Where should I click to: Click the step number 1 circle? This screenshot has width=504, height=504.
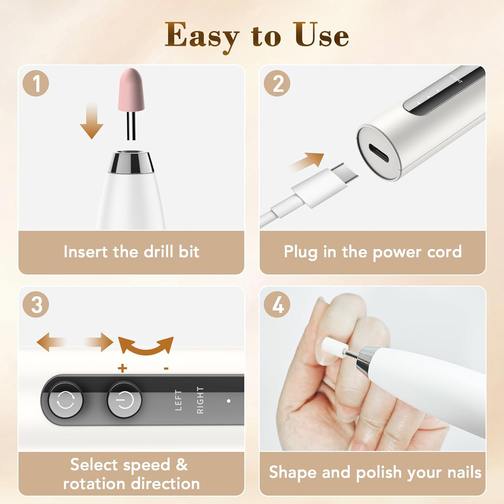pyautogui.click(x=36, y=83)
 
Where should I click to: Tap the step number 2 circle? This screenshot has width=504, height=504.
pyautogui.click(x=277, y=83)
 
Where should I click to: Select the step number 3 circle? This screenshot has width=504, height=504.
pyautogui.click(x=36, y=305)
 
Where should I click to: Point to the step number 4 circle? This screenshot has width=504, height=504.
pyautogui.click(x=277, y=305)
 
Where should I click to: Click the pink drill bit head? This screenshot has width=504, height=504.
pyautogui.click(x=131, y=90)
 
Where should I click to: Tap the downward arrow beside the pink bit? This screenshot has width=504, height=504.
pyautogui.click(x=91, y=122)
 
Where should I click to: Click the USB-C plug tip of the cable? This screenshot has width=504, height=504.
pyautogui.click(x=345, y=172)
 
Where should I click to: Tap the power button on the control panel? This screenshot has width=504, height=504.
pyautogui.click(x=124, y=400)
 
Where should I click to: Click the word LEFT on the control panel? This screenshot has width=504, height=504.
pyautogui.click(x=178, y=400)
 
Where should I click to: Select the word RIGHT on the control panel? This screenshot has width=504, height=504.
pyautogui.click(x=200, y=400)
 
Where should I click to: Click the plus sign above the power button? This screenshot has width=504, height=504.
pyautogui.click(x=123, y=369)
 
